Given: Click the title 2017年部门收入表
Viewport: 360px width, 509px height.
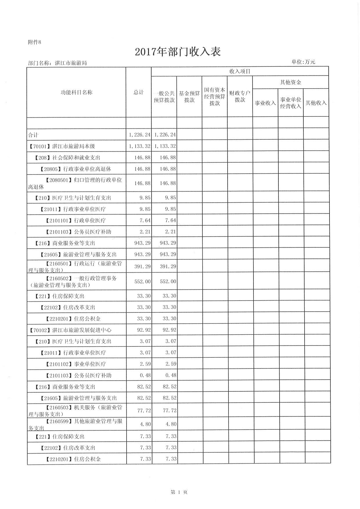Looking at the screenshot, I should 178,52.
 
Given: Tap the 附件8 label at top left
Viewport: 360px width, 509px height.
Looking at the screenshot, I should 35,42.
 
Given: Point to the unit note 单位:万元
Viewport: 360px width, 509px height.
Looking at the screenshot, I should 303,62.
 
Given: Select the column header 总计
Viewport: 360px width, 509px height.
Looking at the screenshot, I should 138,92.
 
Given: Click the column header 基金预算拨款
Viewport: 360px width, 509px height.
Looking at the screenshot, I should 189,97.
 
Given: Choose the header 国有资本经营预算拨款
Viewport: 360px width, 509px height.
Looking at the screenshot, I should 215,97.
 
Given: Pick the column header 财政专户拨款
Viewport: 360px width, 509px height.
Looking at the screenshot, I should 240,97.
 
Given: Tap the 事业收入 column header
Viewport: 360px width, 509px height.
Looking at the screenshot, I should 265,103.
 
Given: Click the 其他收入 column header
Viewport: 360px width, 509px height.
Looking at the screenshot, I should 316,103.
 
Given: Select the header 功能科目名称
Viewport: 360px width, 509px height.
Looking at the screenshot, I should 76,92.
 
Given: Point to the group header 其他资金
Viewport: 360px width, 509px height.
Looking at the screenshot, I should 290,82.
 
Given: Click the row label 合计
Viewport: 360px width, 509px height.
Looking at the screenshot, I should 33,135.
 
